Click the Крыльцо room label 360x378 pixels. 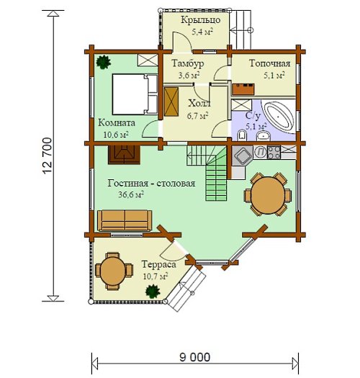tap(201, 19)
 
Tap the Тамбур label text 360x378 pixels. tap(188, 63)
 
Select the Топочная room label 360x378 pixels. tap(269, 63)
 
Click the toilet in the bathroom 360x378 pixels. tap(242, 135)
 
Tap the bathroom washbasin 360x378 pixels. tap(264, 136)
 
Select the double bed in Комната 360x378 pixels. tap(135, 94)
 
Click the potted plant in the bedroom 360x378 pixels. tap(104, 62)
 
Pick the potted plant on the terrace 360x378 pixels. tap(153, 292)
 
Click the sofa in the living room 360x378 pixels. tap(125, 220)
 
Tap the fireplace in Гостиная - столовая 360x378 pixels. tap(124, 155)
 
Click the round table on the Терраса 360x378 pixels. tap(113, 271)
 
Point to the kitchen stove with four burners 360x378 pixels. tap(274, 152)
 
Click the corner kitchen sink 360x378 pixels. tap(243, 155)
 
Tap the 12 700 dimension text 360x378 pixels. tap(47, 156)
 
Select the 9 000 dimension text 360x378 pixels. tap(195, 357)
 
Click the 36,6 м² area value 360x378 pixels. tap(131, 194)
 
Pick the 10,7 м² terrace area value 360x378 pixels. tap(156, 276)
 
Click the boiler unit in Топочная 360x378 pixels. tap(243, 89)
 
